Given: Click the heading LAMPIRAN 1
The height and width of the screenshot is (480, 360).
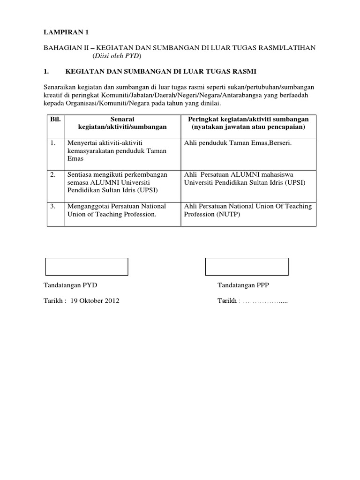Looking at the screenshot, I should tap(66, 32).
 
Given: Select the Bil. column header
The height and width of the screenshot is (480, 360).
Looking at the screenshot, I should tap(55, 120).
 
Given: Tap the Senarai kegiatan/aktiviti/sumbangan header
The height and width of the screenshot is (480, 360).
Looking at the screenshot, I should tap(122, 123).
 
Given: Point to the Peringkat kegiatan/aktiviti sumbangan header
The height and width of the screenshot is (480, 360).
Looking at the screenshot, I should tap(248, 123).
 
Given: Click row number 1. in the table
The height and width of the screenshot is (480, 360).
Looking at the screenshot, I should tap(53, 142).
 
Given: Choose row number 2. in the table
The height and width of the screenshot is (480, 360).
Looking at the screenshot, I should tap(54, 174).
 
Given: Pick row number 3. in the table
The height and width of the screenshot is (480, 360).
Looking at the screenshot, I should tap(54, 206).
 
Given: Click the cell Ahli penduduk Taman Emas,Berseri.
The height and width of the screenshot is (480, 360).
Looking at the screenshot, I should tap(238, 142).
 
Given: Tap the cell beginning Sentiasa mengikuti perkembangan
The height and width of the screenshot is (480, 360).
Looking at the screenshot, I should tap(118, 182).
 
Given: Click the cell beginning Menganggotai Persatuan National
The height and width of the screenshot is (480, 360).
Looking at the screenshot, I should tap(117, 210).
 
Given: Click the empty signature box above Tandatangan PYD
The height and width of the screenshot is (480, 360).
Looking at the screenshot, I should tap(87, 266).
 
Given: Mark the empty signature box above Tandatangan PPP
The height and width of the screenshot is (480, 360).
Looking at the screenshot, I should tap(247, 266).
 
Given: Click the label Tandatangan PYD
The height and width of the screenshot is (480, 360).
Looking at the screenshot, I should tap(70, 285).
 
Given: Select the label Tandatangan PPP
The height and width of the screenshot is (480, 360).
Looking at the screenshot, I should tap(243, 285).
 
